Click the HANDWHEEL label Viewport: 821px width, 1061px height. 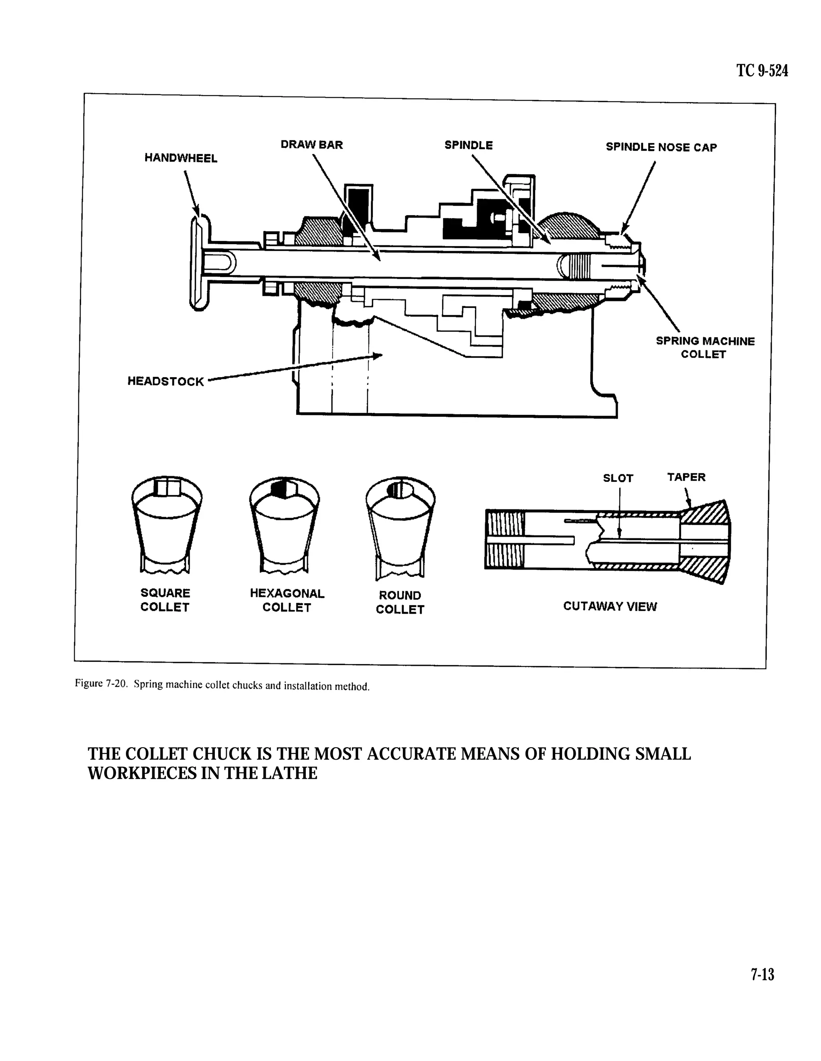coord(181,158)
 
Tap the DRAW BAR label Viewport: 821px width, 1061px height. coord(311,145)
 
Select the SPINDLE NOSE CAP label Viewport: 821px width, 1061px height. coord(661,147)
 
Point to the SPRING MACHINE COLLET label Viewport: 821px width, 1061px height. coord(705,348)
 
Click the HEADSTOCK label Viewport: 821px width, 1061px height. coord(166,381)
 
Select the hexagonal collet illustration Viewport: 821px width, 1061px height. coord(284,525)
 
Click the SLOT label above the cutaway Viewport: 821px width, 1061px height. coord(618,478)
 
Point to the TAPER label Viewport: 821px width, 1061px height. coord(686,477)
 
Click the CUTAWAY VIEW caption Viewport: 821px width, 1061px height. coord(610,606)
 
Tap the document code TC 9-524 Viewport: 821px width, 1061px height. coord(762,71)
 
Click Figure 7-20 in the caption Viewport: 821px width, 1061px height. coord(101,684)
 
